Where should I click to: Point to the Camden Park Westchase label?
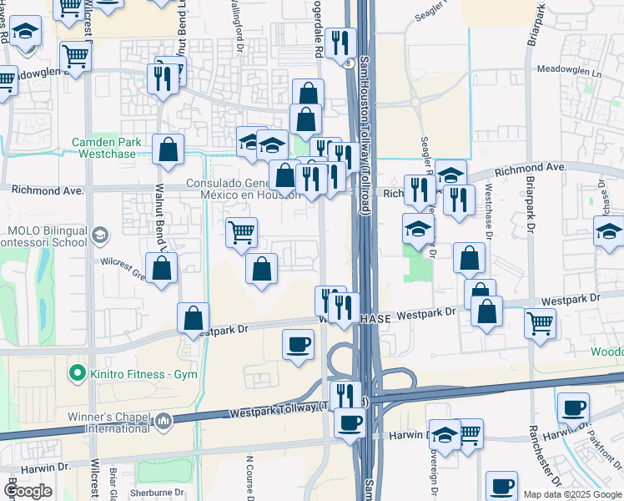click(x=108, y=148)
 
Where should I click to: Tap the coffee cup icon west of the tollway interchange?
click(x=298, y=344)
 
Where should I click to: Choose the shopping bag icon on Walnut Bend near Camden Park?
click(x=168, y=149)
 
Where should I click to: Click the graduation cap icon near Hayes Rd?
click(x=26, y=32)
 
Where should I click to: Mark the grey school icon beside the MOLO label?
click(x=99, y=235)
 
